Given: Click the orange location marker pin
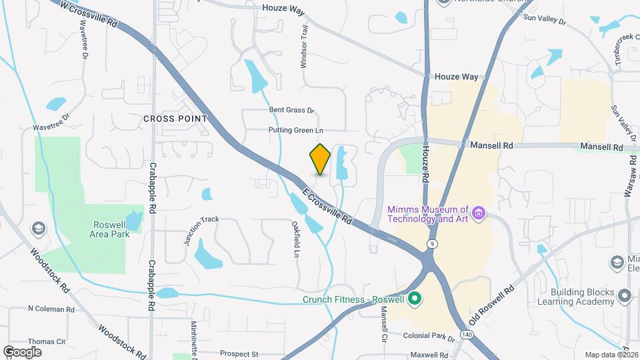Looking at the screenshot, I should click(x=321, y=159).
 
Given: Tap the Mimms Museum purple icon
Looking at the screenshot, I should click(x=477, y=213).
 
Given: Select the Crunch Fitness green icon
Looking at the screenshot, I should click(x=414, y=299).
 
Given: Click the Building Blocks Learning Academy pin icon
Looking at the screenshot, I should click(x=624, y=295).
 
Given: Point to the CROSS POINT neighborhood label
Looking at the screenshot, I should click(x=175, y=118).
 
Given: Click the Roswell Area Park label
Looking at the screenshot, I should click(x=110, y=229).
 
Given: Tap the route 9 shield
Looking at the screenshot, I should click(x=433, y=243).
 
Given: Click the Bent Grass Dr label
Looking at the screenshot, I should click(x=291, y=110).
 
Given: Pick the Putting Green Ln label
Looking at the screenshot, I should click(x=295, y=130).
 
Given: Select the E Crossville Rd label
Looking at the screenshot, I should click(x=327, y=206).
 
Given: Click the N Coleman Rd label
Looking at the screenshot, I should click(x=51, y=309).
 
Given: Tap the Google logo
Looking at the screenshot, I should click(x=22, y=352).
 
